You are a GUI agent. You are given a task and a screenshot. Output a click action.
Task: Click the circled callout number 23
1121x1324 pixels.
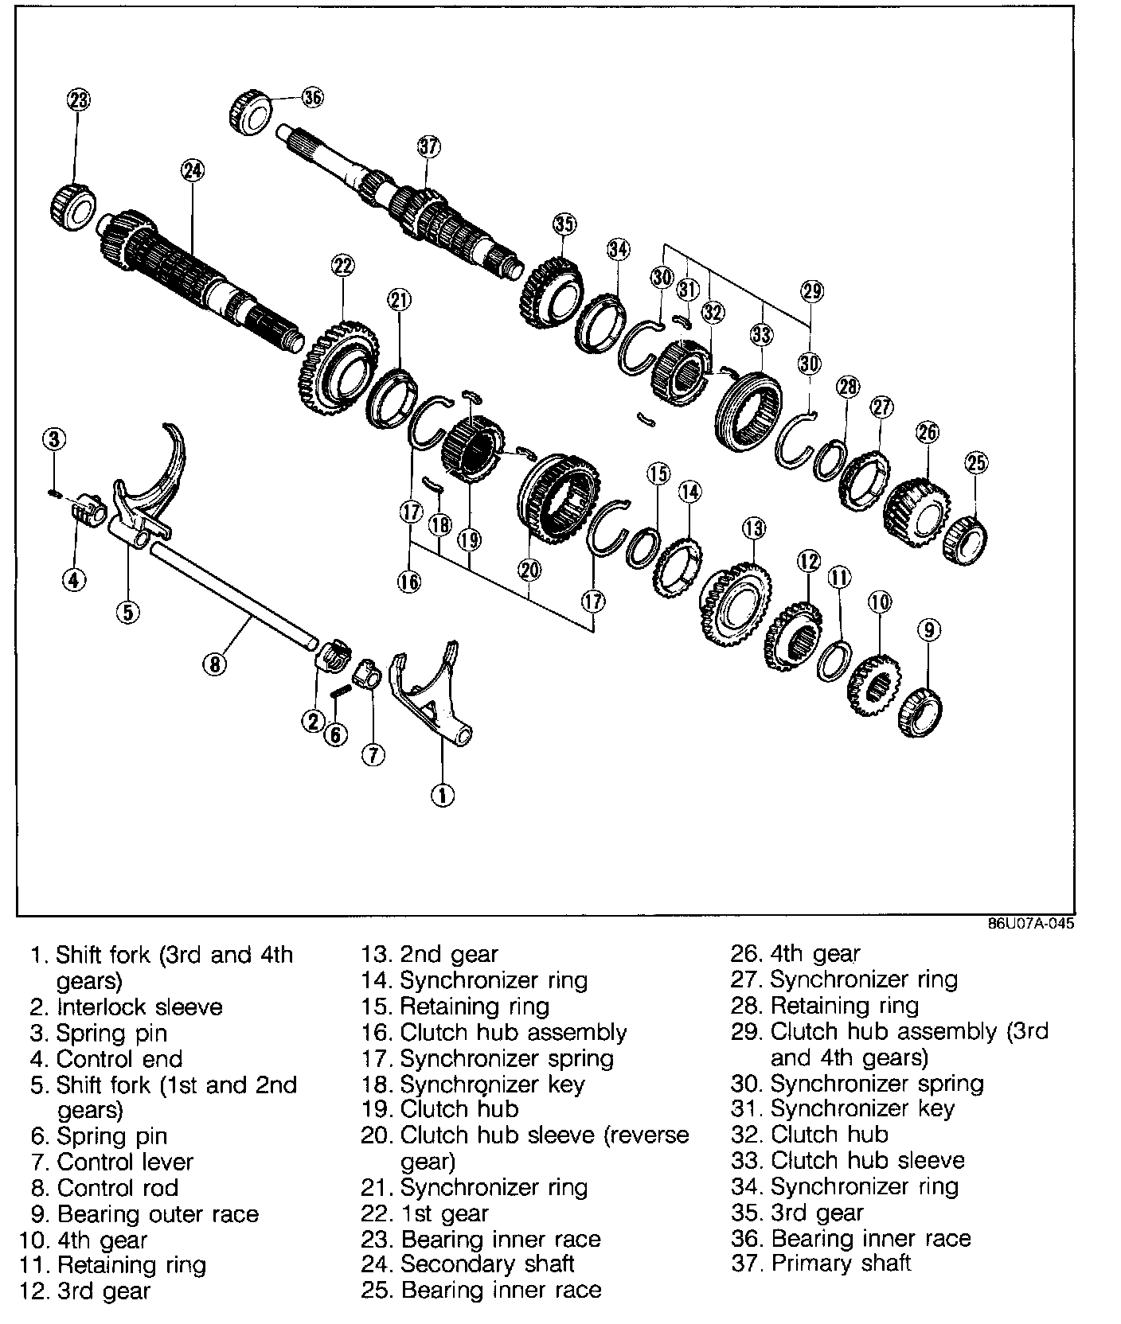78,100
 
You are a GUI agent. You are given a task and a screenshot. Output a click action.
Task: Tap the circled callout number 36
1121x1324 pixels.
313,97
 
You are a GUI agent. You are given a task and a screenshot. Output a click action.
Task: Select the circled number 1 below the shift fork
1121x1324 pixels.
442,794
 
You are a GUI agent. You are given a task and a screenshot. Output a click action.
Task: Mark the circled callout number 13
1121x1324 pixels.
753,528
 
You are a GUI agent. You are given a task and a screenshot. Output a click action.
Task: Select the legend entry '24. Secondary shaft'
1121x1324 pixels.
486,1263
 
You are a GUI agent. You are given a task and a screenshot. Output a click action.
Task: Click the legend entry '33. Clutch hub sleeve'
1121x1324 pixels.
848,1160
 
